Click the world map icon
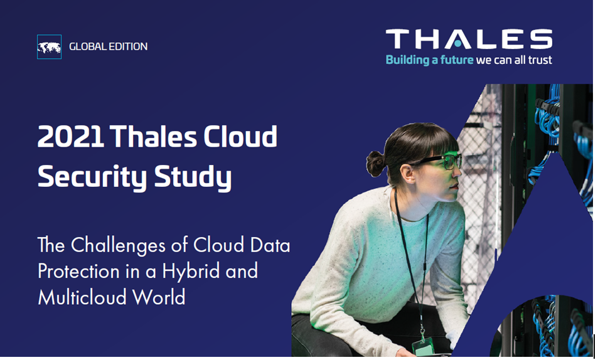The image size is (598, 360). point(50,47)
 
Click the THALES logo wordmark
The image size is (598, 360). point(469,39)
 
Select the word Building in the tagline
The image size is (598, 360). point(407,61)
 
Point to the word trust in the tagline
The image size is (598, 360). point(540,61)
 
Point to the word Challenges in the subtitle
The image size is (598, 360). point(129,245)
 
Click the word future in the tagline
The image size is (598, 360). point(452,61)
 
